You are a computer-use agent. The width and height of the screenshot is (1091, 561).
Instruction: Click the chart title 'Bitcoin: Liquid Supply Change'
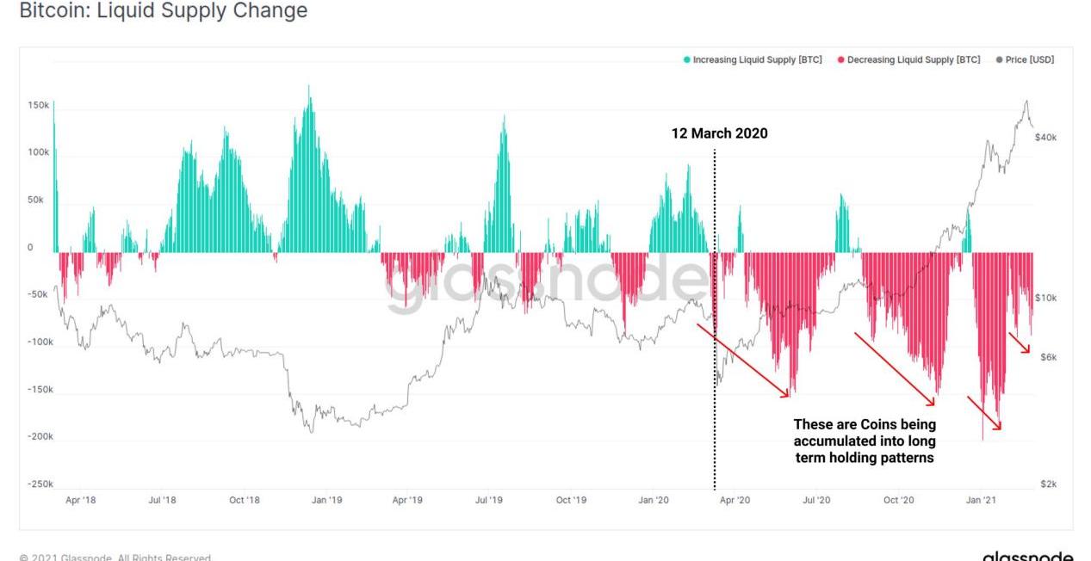[x=163, y=11]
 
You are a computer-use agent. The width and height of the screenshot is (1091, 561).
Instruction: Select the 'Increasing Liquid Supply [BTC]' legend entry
[x=753, y=59]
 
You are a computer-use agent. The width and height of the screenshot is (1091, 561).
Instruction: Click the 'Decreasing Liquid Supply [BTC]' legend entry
[x=908, y=59]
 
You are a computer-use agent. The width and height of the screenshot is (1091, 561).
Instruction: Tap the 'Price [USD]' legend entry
[x=1024, y=59]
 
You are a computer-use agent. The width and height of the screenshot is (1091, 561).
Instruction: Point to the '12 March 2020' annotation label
[x=719, y=133]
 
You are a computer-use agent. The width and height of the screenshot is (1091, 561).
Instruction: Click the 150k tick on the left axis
[x=39, y=105]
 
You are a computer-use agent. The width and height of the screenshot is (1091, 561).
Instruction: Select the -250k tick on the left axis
[x=39, y=484]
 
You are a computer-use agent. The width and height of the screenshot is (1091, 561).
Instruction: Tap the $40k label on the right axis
[x=1046, y=138]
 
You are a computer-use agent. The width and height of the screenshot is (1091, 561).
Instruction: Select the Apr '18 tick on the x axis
[x=81, y=500]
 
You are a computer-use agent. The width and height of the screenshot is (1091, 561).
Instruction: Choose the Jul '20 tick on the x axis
[x=816, y=500]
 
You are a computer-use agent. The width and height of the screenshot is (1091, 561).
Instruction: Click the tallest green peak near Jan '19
[x=309, y=88]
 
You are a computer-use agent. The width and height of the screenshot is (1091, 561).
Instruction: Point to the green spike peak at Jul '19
[x=504, y=118]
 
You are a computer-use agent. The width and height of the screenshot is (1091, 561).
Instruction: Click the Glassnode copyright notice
[x=115, y=558]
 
